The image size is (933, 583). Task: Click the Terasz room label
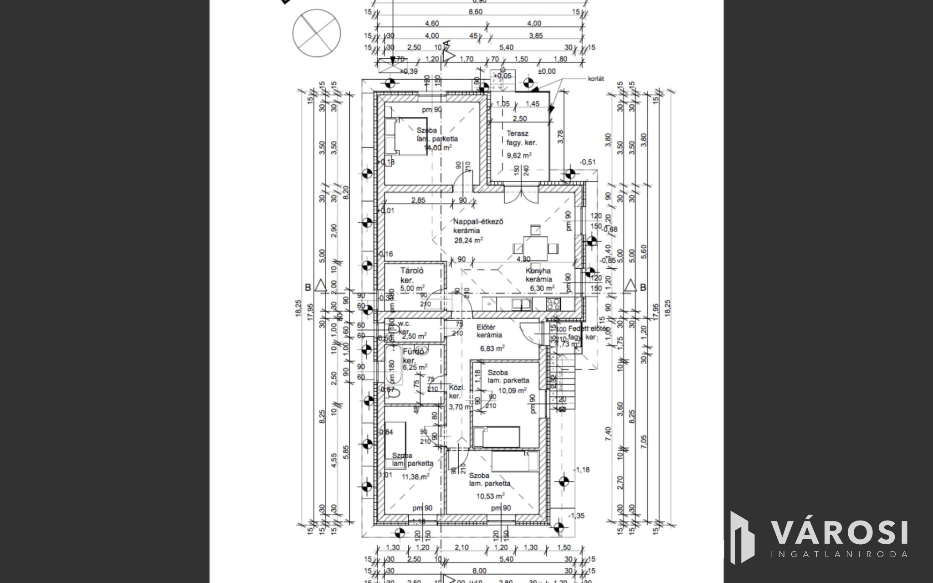517,134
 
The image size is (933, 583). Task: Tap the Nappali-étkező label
478,222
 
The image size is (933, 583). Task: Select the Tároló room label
412,270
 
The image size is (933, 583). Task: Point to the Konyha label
538,271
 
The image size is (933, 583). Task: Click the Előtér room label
486,327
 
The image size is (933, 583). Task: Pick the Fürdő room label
414,352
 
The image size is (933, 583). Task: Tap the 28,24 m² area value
468,240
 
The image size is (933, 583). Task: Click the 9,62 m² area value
519,155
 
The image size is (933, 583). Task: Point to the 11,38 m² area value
415,477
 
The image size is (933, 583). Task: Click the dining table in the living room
535,248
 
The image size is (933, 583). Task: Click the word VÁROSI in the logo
839,533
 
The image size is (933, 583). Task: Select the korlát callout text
595,79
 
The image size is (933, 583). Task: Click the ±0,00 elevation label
547,72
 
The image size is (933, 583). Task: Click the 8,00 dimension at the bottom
479,571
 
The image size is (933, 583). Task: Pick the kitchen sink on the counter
519,303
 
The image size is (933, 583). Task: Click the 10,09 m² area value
513,390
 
